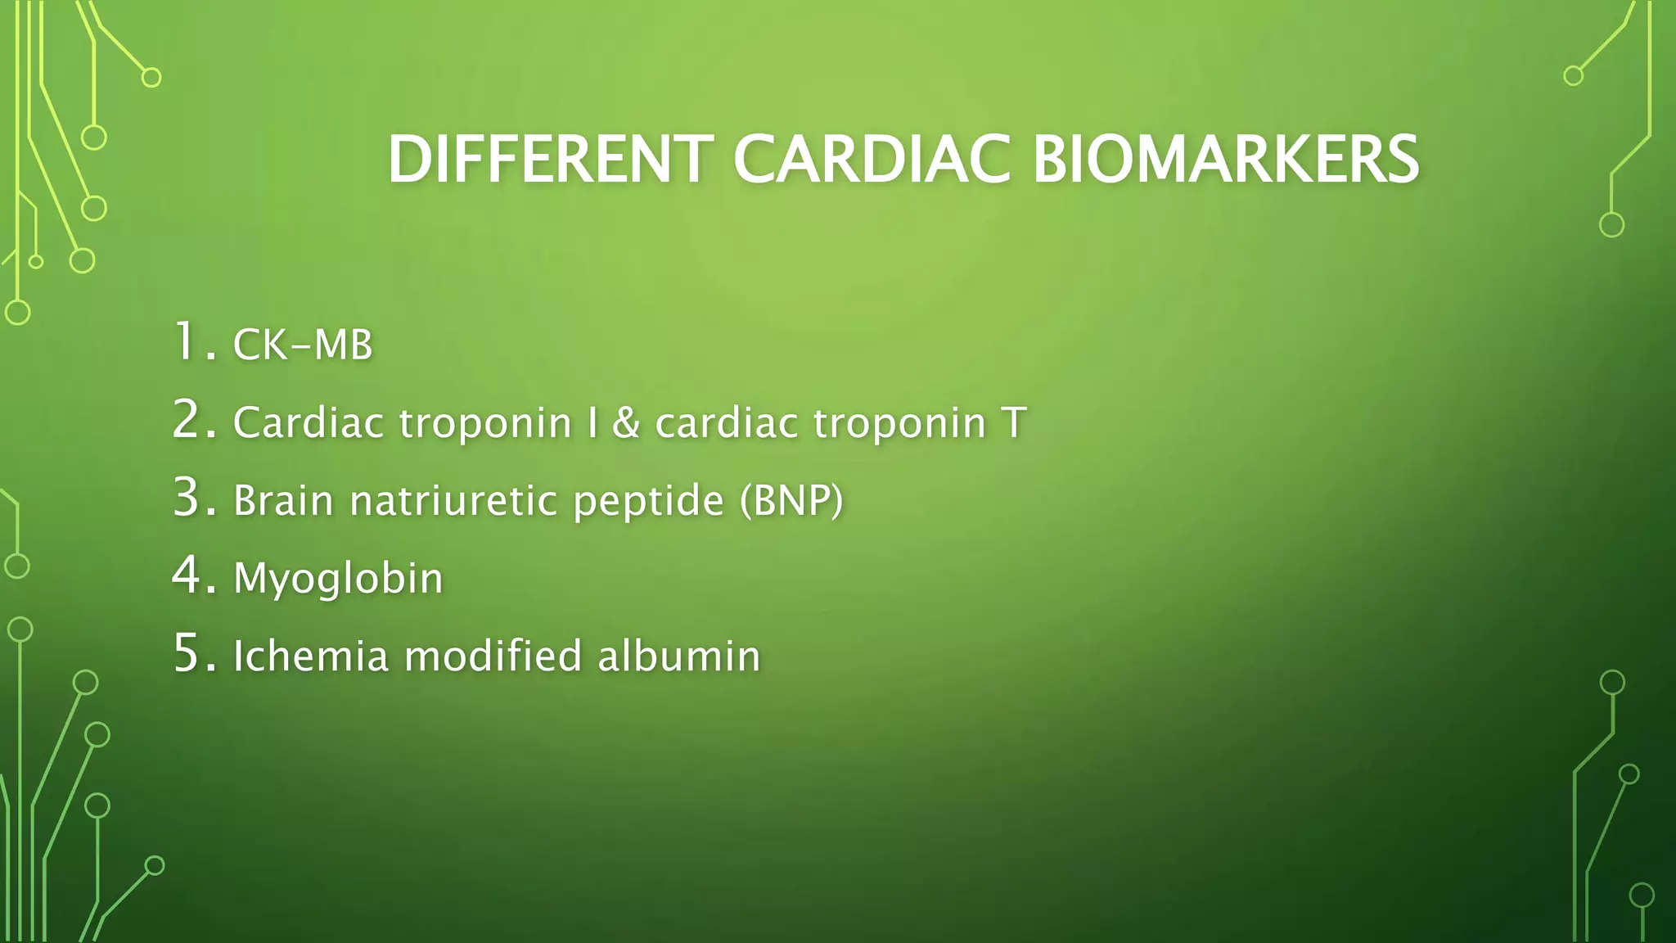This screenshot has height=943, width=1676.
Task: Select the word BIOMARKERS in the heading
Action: [1225, 160]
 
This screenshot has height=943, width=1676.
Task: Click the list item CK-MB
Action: [303, 345]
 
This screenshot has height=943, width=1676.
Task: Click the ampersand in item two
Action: [626, 422]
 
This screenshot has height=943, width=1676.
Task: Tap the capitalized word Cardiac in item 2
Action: [309, 422]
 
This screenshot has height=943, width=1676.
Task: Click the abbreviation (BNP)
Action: [791, 500]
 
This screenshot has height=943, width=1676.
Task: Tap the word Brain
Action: [283, 500]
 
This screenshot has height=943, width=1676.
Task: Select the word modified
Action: [493, 656]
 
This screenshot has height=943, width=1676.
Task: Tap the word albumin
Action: [678, 656]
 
